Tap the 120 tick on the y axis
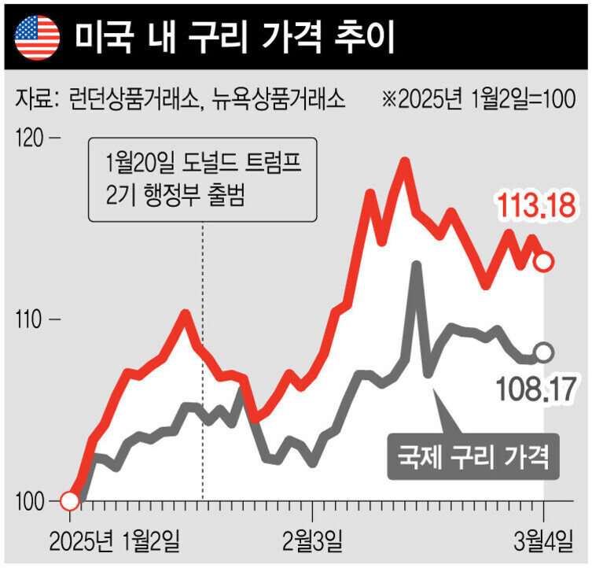[32, 139]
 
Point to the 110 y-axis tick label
[32, 320]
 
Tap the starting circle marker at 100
[69, 501]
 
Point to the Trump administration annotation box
[203, 180]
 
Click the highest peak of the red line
[404, 162]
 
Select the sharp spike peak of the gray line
[417, 266]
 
